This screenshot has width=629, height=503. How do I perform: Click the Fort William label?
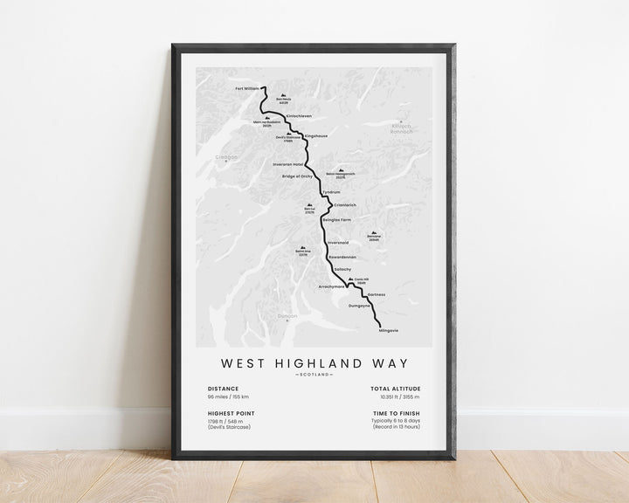[x=248, y=88]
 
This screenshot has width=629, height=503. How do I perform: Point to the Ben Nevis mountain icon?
[x=282, y=97]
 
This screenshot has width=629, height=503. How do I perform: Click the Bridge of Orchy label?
[x=296, y=176]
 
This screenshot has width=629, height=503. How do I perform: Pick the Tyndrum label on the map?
[x=330, y=192]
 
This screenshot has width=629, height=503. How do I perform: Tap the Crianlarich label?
[x=345, y=205]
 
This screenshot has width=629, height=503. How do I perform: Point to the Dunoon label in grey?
[x=287, y=316]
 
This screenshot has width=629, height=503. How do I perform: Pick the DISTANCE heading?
[x=224, y=389]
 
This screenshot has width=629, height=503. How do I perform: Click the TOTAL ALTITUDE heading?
[x=396, y=389]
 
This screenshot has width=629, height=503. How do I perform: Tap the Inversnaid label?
[x=337, y=242]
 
